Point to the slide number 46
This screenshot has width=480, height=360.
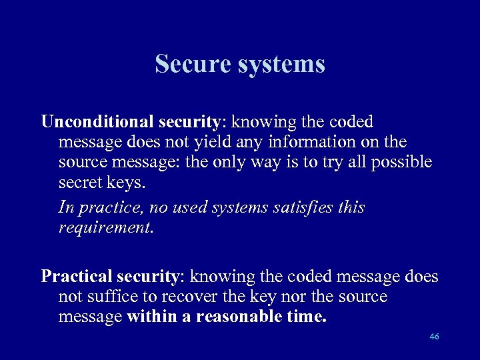tap(435, 337)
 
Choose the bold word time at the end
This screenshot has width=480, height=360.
tap(307, 317)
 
